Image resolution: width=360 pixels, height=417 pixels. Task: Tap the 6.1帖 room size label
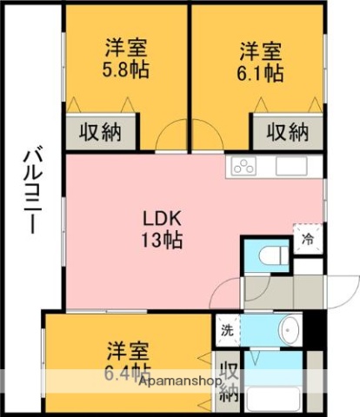[261, 72]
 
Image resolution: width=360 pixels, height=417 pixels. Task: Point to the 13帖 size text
[162, 241]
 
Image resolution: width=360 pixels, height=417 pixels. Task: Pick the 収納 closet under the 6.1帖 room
[287, 132]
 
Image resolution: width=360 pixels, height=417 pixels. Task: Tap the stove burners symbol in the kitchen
[243, 167]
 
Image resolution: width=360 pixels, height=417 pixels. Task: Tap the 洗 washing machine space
[227, 329]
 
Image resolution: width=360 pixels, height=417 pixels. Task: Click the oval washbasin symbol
[290, 329]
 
